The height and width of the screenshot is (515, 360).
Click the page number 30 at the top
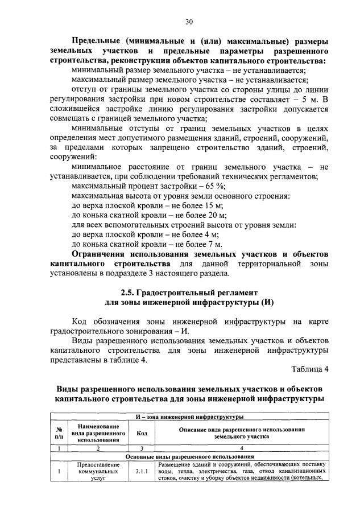point(189,22)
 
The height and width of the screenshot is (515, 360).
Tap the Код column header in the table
point(142,434)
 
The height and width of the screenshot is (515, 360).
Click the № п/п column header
point(59,434)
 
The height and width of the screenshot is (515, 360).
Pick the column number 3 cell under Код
point(142,448)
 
